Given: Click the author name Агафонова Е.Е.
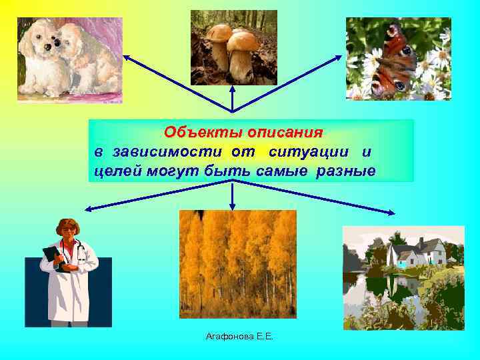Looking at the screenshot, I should [x=239, y=338].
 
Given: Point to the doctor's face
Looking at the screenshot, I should [x=68, y=231].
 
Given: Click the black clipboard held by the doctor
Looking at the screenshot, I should [x=53, y=257].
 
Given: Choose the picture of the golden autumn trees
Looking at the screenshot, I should [x=238, y=264].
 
